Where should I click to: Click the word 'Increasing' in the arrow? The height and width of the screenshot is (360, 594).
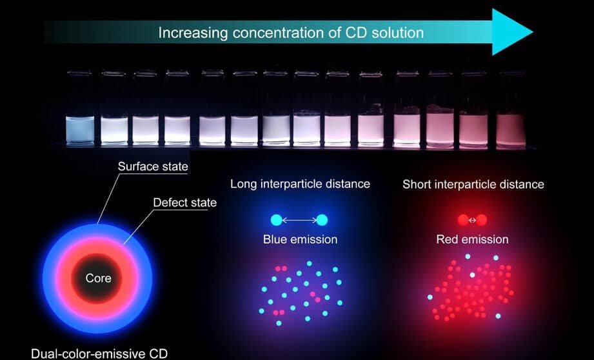[x=193, y=33]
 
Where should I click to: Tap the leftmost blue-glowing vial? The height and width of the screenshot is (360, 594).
[x=80, y=130]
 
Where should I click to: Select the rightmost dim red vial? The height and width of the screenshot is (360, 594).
[x=511, y=130]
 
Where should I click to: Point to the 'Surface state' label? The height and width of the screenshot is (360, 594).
[x=153, y=166]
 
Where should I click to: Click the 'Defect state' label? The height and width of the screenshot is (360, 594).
[x=185, y=203]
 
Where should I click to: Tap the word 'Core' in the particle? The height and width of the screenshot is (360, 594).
[x=99, y=278]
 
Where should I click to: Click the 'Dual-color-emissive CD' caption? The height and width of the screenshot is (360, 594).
[x=99, y=354]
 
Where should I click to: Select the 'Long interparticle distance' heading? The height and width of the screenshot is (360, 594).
[x=300, y=184]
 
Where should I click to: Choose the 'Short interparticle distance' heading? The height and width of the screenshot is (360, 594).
[x=473, y=185]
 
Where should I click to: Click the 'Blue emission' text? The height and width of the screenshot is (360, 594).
[x=300, y=239]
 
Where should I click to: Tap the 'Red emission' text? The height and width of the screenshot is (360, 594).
[x=472, y=239]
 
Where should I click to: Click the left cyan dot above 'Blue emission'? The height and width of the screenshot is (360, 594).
[x=277, y=220]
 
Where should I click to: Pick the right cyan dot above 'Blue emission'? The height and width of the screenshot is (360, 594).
[x=322, y=220]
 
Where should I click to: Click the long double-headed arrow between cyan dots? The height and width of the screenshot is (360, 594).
[x=299, y=220]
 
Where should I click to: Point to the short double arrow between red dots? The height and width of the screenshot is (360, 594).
[x=472, y=220]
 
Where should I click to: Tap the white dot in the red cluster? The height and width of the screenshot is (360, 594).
[x=472, y=275]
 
